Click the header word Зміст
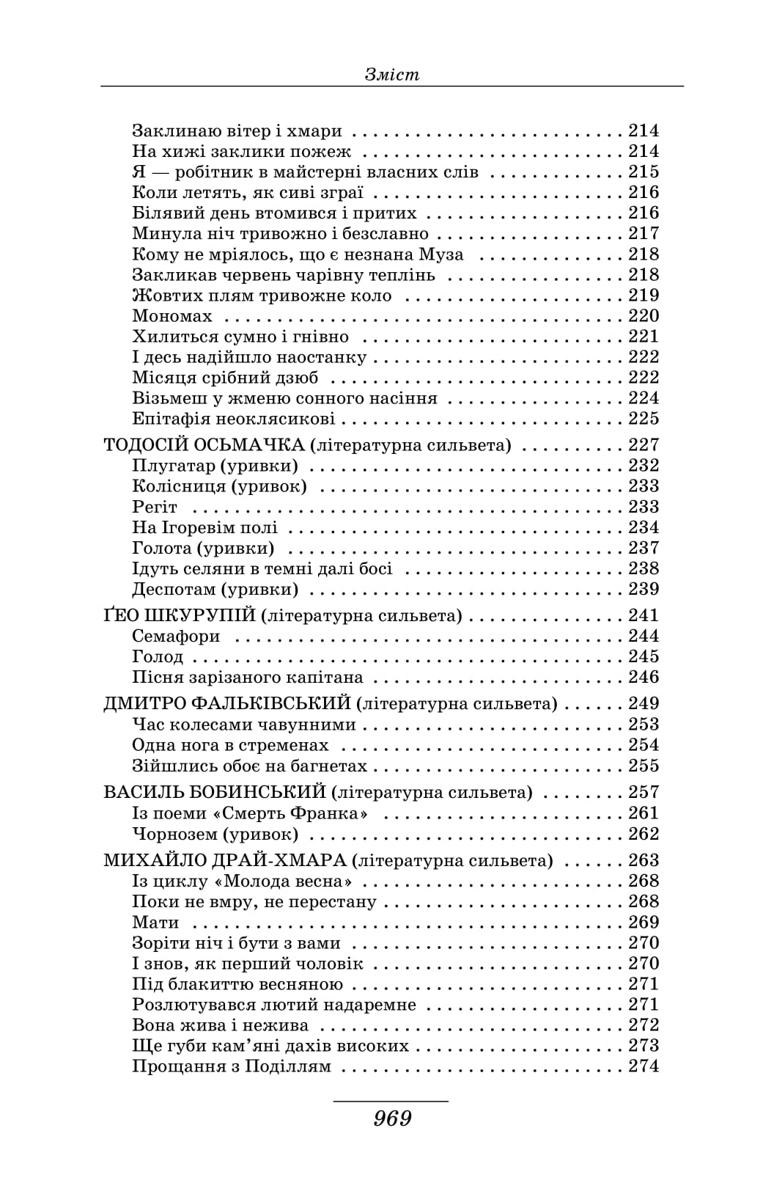[391, 74]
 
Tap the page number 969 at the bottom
[392, 1118]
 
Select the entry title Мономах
[172, 316]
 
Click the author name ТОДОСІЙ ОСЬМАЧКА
[204, 445]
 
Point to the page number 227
[644, 445]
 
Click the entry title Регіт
[155, 507]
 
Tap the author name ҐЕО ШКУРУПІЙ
[179, 615]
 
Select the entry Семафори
[176, 636]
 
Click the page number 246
[644, 677]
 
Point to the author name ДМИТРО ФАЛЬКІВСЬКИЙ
[227, 704]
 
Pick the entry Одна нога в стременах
[230, 745]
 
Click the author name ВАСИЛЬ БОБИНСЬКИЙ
[214, 792]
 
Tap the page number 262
[644, 834]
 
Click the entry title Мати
[155, 923]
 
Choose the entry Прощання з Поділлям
[232, 1066]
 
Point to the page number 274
[644, 1066]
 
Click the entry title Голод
[158, 656]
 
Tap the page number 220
[644, 316]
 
